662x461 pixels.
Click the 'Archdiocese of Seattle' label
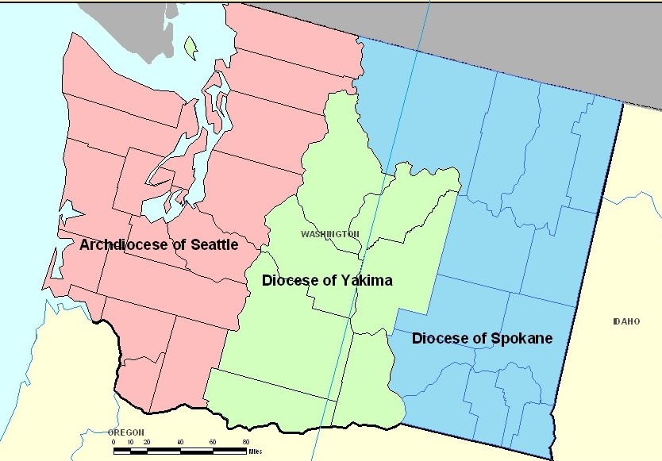pyautogui.click(x=159, y=245)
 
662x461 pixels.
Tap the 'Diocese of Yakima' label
pyautogui.click(x=327, y=281)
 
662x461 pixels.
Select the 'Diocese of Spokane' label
pyautogui.click(x=482, y=339)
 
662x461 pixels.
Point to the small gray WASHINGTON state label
pyautogui.click(x=329, y=234)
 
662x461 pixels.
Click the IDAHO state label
pyautogui.click(x=625, y=321)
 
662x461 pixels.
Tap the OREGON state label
pyautogui.click(x=126, y=432)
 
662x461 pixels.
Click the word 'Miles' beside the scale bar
pyautogui.click(x=254, y=451)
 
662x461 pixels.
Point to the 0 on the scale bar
pyautogui.click(x=114, y=442)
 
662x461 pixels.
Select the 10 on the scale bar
pyautogui.click(x=129, y=442)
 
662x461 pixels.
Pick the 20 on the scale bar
pyautogui.click(x=146, y=442)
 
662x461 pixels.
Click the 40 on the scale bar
pyautogui.click(x=180, y=442)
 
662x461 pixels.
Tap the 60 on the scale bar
pyautogui.click(x=213, y=442)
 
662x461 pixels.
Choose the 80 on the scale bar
pyautogui.click(x=246, y=442)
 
